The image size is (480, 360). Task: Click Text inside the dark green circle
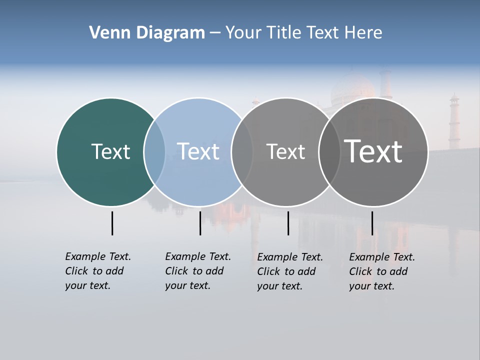[110, 151]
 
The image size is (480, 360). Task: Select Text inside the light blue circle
[198, 151]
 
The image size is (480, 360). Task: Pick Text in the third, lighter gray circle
[285, 152]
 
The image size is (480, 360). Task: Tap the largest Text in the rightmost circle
[373, 151]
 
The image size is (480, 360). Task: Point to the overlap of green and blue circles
[154, 151]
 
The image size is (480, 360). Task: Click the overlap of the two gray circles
[329, 152]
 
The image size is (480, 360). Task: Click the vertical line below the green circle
[112, 223]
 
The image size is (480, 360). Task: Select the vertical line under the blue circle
[200, 223]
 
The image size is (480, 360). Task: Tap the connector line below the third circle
[288, 223]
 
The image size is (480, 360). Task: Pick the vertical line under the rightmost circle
[372, 223]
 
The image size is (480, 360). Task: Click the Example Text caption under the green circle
[98, 271]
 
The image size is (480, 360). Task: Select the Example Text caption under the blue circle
[198, 271]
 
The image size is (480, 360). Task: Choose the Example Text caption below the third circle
[290, 271]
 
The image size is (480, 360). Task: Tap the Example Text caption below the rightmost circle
[382, 271]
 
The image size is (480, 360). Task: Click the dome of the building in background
[353, 88]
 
